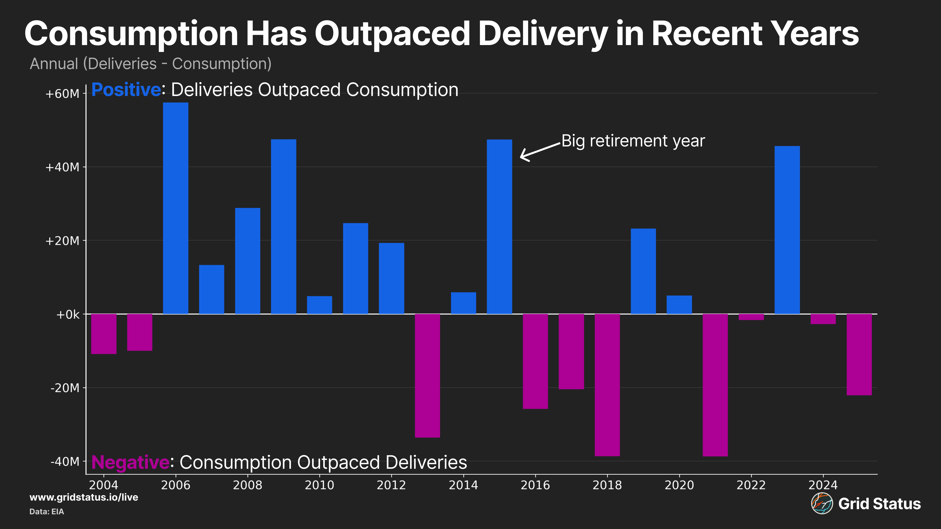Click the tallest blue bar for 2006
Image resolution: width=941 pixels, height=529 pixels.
coord(175,208)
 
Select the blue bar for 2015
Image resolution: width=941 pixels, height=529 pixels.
coord(499,226)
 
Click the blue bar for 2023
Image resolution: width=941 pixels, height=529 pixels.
coord(787,230)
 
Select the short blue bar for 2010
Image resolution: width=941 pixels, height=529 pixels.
coord(319,305)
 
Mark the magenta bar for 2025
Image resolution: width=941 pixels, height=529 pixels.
coord(859,354)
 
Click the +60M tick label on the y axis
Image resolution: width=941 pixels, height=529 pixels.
coord(62,94)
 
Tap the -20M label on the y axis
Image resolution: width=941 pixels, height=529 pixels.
coord(65,388)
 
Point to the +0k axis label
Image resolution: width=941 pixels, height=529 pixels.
coord(68,314)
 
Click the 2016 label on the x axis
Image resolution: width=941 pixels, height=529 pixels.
coord(535,485)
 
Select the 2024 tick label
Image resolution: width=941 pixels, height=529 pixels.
coord(823,485)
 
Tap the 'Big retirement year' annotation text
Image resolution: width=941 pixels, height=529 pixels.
coord(633,141)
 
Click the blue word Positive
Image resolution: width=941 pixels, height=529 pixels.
coord(126,90)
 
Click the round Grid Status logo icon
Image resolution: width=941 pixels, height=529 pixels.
coord(822,504)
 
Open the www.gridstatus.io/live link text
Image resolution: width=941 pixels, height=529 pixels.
coord(84,497)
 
